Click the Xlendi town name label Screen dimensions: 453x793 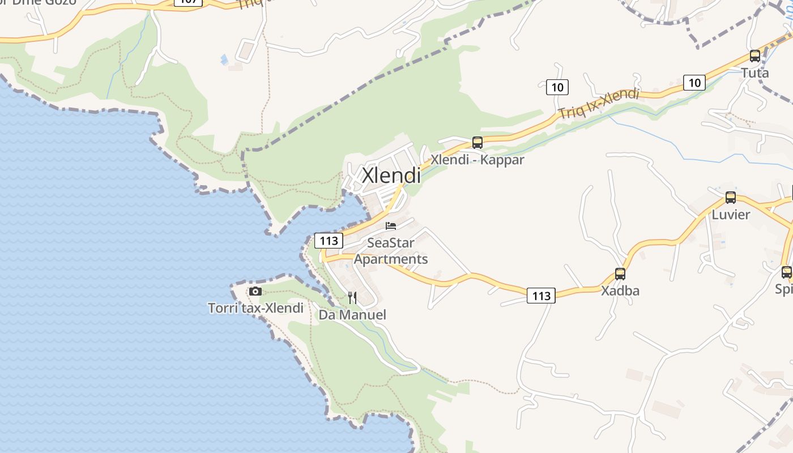point(391,175)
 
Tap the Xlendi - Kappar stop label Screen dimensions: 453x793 point(477,160)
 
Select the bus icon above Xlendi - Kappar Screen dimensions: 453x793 point(477,142)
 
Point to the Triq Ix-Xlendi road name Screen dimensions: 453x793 point(599,104)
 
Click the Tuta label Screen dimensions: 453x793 point(755,73)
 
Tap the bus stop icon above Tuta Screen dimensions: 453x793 point(755,56)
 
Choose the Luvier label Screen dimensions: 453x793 point(731,215)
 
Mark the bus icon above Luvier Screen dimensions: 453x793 point(731,198)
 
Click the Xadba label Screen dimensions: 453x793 point(620,291)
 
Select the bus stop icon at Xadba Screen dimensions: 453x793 point(620,274)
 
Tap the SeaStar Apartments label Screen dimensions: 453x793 point(391,251)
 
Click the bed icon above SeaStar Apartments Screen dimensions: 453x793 point(391,226)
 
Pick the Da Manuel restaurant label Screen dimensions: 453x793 point(352,315)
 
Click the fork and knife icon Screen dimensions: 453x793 point(352,298)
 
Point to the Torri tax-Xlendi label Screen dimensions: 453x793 point(255,309)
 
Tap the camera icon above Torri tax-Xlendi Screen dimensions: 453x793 point(255,292)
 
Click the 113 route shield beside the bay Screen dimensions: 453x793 point(329,241)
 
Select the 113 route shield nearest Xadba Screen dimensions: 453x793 point(541,296)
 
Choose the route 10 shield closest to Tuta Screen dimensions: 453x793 point(694,83)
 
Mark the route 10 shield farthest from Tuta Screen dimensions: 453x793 point(557,87)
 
